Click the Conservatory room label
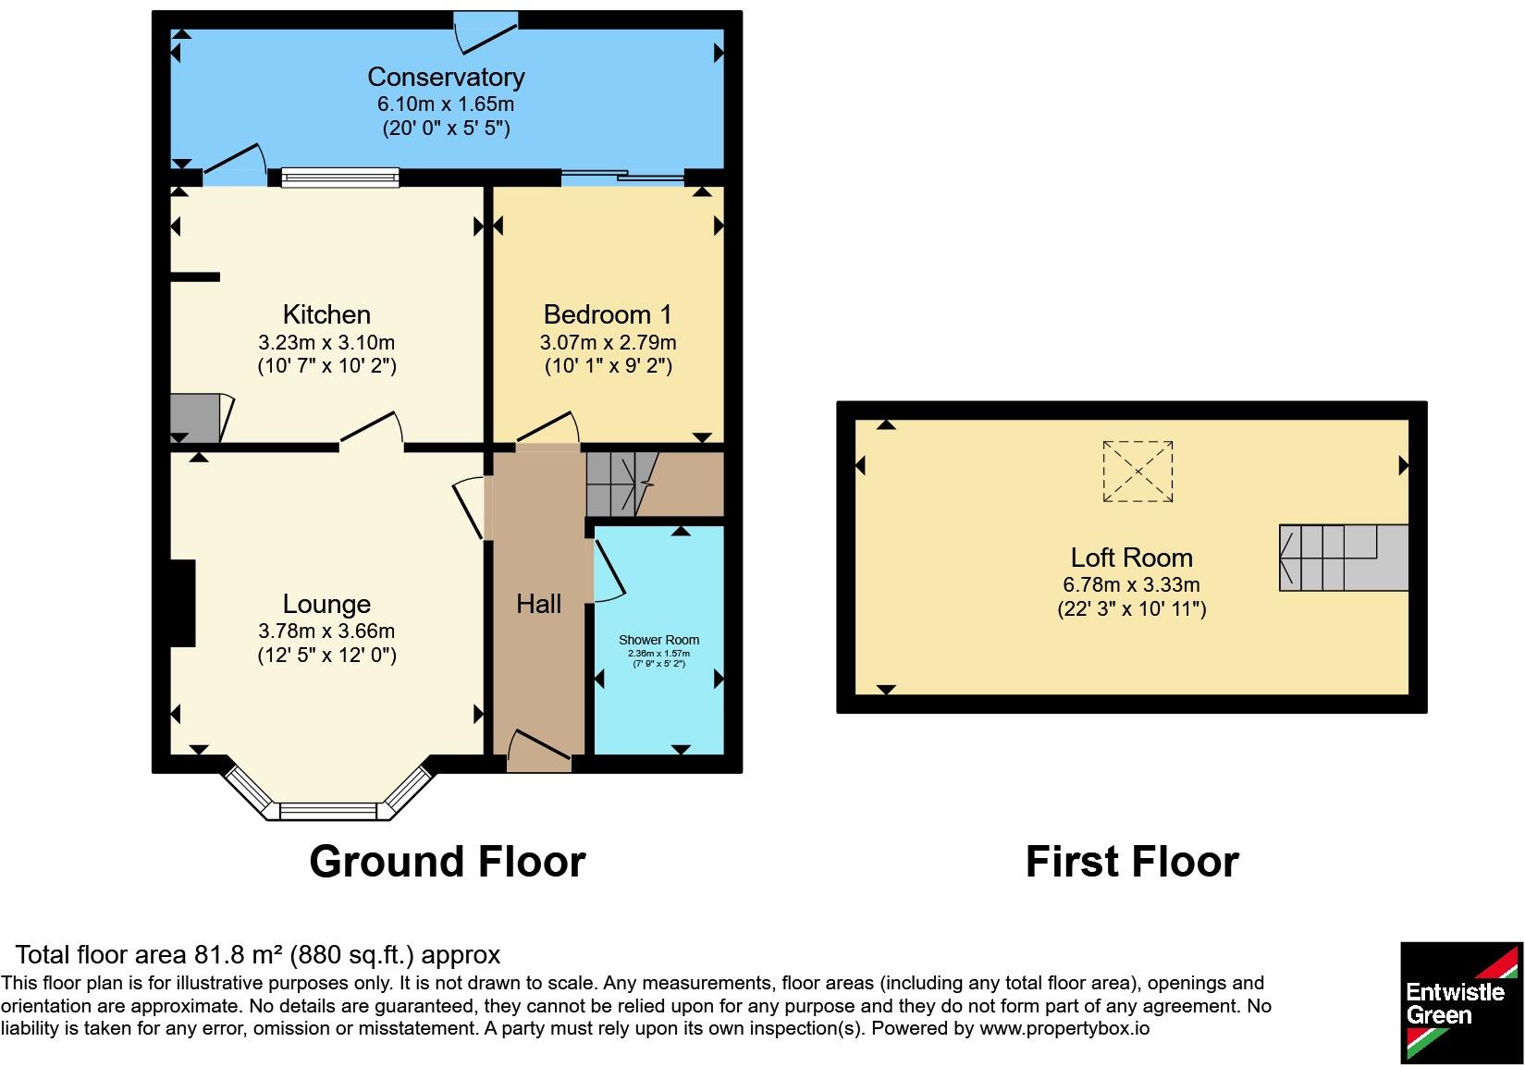coord(446,77)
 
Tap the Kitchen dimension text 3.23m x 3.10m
coord(326,342)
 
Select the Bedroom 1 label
coord(608,314)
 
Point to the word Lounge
coord(326,605)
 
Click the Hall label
coord(538,604)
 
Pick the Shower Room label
coord(659,640)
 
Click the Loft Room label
coord(1131,558)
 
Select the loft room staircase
coord(1343,558)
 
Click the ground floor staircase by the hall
coord(621,484)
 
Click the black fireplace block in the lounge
coord(182,603)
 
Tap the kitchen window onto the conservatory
coord(340,178)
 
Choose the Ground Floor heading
coord(448,862)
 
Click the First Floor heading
coord(1132,862)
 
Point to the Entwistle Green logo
coord(1461,1003)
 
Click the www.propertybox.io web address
coord(1064,1027)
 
